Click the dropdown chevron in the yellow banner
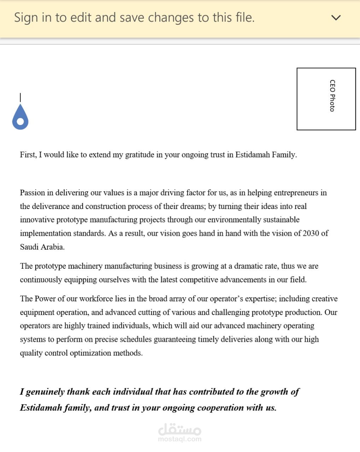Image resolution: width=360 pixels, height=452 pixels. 336,18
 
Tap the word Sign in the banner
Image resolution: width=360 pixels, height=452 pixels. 26,18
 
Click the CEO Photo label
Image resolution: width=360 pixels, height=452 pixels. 332,96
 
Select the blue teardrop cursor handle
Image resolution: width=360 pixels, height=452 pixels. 20,118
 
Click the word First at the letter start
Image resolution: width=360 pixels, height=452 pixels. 28,155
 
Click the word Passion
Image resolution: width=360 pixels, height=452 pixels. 33,193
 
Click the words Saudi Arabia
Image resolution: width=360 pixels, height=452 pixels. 42,247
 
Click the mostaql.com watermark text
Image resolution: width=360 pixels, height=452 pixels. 180,439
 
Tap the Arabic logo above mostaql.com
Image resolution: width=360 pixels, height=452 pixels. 180,429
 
